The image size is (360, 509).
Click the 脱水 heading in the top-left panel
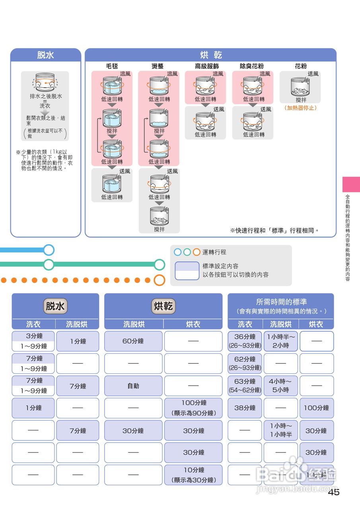(x=45, y=55)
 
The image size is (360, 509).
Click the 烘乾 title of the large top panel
(x=211, y=55)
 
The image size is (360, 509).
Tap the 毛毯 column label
(x=112, y=66)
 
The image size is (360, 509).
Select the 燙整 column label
(x=158, y=66)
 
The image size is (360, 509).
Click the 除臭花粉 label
(x=251, y=66)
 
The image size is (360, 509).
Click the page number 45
(x=334, y=492)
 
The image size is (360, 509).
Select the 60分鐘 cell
(x=133, y=341)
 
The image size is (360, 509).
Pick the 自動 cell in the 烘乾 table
(x=133, y=386)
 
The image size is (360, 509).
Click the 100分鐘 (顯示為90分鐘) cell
(x=193, y=408)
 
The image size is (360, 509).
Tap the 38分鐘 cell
(x=245, y=408)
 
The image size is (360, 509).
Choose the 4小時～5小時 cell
(x=280, y=386)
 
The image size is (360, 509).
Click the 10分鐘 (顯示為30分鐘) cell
(x=193, y=475)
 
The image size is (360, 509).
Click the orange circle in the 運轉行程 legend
(x=197, y=252)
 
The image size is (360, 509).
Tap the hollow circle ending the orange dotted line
(x=159, y=280)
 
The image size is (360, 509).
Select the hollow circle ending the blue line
(x=49, y=250)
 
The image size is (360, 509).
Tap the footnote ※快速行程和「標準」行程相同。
(x=275, y=230)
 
